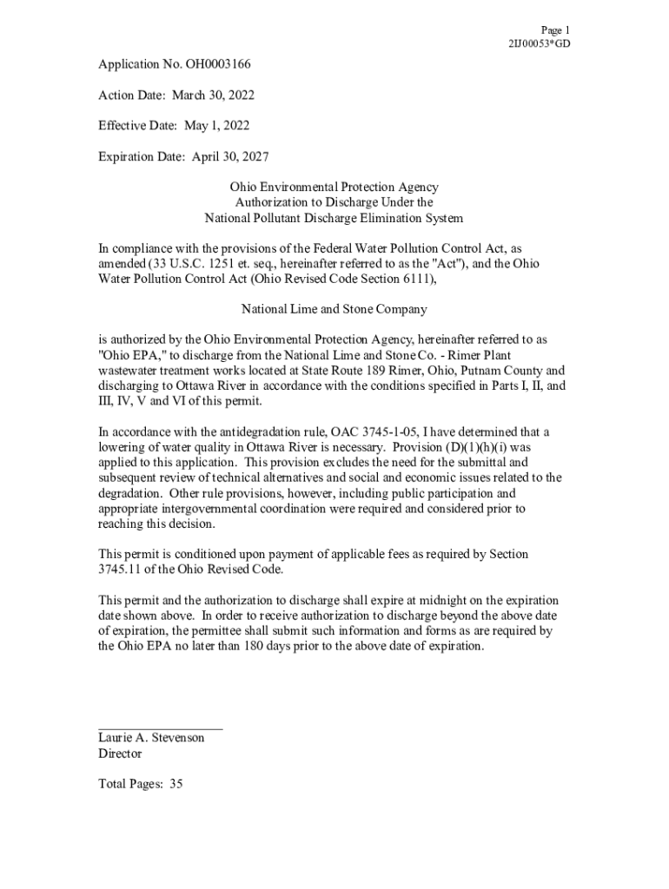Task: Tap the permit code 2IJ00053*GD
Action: click(x=539, y=43)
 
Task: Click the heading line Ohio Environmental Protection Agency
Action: click(x=334, y=187)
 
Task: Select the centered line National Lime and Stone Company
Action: click(x=334, y=309)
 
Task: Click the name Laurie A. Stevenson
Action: click(x=151, y=738)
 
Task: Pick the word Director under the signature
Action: click(x=120, y=754)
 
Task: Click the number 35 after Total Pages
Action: click(x=176, y=784)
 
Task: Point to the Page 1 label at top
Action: click(x=555, y=30)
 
